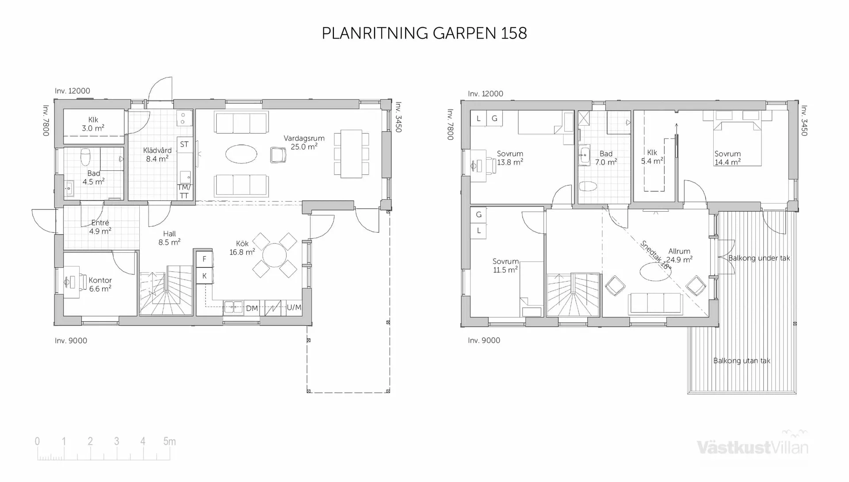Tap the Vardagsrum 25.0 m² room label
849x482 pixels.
coord(304,143)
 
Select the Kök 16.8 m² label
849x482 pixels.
coord(242,248)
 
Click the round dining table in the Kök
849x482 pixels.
coord(275,255)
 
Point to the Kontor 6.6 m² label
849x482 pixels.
coord(100,284)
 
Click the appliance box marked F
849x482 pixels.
coord(204,259)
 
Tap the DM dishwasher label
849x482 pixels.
coord(252,308)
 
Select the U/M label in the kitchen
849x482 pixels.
coord(294,307)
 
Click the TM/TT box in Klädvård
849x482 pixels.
coord(184,192)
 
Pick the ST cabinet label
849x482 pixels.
coord(184,144)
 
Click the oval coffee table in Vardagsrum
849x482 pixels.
coord(241,154)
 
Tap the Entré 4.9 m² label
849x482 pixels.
coord(100,227)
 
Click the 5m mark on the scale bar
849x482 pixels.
coord(169,441)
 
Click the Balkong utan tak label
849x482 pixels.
coord(742,361)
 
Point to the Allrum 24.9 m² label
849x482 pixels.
coord(679,255)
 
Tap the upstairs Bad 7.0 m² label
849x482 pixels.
coord(606,158)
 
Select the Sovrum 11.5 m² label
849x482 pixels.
coord(505,266)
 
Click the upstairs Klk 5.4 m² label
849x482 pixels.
coord(652,157)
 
